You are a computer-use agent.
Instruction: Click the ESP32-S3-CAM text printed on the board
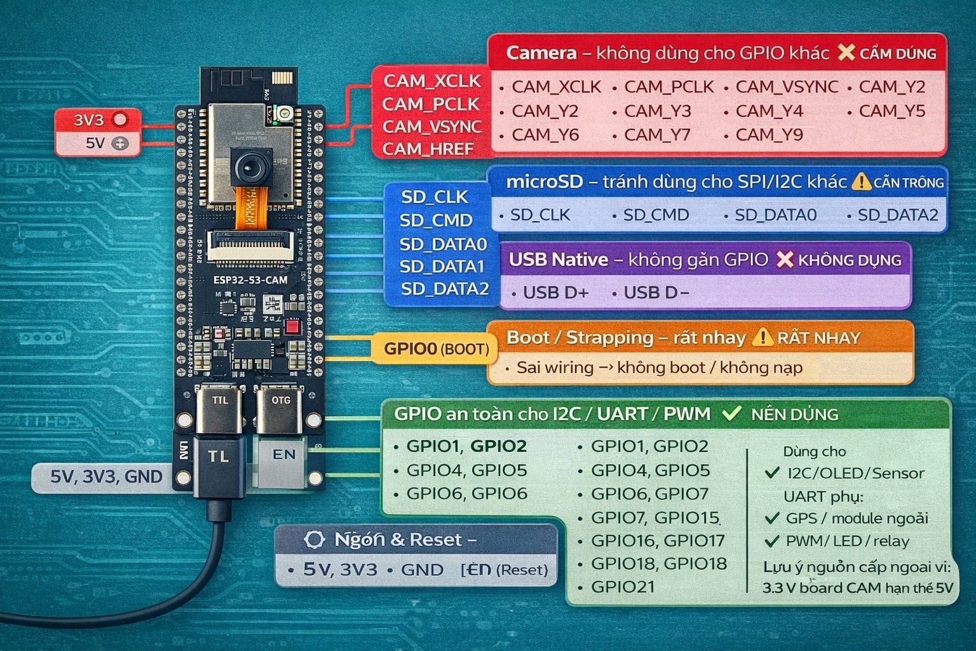250,280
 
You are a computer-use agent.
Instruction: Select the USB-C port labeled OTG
280,407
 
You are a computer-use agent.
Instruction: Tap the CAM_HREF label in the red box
428,149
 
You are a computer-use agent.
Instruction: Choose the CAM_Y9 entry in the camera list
769,135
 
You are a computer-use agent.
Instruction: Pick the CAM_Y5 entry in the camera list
891,111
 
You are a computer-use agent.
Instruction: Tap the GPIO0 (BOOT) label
436,349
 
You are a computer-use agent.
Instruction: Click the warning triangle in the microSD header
861,182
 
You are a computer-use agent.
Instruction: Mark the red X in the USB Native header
785,259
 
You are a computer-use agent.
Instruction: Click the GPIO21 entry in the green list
622,587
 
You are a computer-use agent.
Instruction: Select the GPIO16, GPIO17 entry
658,540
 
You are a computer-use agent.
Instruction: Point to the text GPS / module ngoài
856,518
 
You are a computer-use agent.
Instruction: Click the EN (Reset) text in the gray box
505,570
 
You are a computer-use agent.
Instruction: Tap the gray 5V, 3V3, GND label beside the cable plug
106,477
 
